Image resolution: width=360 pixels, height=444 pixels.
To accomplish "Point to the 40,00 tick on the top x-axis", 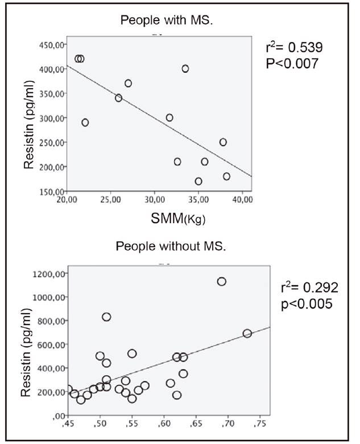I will [x=242, y=200].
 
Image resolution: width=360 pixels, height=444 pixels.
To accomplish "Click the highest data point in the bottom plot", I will [x=222, y=281].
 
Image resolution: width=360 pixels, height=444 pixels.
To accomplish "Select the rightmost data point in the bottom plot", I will [x=247, y=333].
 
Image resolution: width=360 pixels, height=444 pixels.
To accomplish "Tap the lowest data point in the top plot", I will [x=198, y=182].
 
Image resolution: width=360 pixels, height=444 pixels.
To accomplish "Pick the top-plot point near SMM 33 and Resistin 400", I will [x=185, y=69].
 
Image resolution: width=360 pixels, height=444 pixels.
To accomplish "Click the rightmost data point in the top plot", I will [x=227, y=176].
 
